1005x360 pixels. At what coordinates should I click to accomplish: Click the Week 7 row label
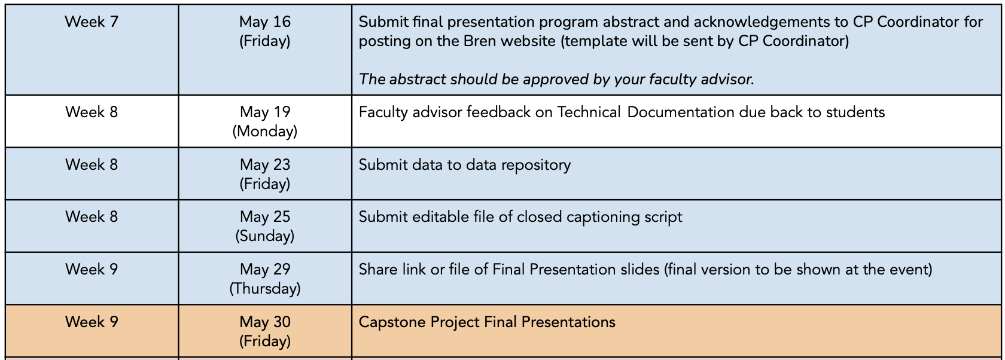[x=92, y=22]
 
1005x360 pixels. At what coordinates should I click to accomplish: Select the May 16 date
[x=264, y=22]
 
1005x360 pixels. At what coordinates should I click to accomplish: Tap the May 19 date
[x=264, y=112]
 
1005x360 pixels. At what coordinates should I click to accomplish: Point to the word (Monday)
[x=264, y=131]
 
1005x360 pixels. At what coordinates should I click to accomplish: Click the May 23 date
[x=264, y=164]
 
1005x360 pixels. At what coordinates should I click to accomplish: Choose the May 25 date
[x=264, y=216]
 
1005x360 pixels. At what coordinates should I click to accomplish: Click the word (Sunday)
[x=264, y=236]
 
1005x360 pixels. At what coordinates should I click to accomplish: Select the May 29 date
[x=264, y=269]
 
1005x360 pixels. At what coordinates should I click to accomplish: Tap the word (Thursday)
[x=264, y=288]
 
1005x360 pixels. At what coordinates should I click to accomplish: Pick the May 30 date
[x=264, y=322]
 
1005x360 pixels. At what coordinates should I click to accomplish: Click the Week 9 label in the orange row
[x=92, y=322]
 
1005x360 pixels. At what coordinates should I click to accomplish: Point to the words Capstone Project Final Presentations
[x=487, y=322]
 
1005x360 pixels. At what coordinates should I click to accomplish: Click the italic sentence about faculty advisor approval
[x=556, y=80]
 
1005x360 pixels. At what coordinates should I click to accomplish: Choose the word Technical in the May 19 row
[x=589, y=112]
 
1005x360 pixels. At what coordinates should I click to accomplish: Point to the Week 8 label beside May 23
[x=92, y=164]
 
